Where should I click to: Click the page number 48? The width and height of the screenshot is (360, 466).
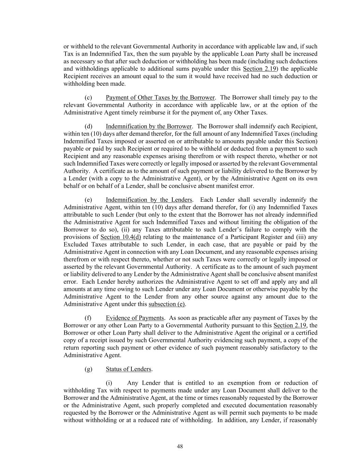[x=180, y=447]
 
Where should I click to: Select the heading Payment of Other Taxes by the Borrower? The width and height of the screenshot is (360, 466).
[x=160, y=98]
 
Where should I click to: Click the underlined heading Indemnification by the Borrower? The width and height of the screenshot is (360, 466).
[x=149, y=126]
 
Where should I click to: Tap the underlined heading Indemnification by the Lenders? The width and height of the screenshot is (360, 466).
[x=149, y=200]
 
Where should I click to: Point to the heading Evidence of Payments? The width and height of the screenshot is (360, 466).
[x=135, y=318]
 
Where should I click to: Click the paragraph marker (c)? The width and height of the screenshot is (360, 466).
[x=88, y=98]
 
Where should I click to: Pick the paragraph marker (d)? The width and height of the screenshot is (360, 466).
[x=88, y=126]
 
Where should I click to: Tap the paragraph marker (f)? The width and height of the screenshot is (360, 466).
[x=88, y=318]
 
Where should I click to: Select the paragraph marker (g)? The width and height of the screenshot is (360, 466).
[x=88, y=369]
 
